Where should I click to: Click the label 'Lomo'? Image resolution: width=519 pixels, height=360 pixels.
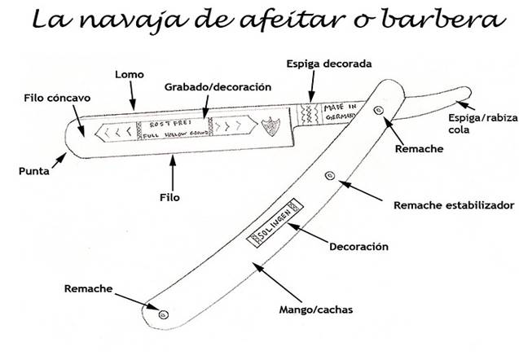coord(130,75)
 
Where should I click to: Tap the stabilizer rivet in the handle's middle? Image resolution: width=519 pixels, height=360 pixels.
coord(329,173)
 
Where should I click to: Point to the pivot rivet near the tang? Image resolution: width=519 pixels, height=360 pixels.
coord(376,110)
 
